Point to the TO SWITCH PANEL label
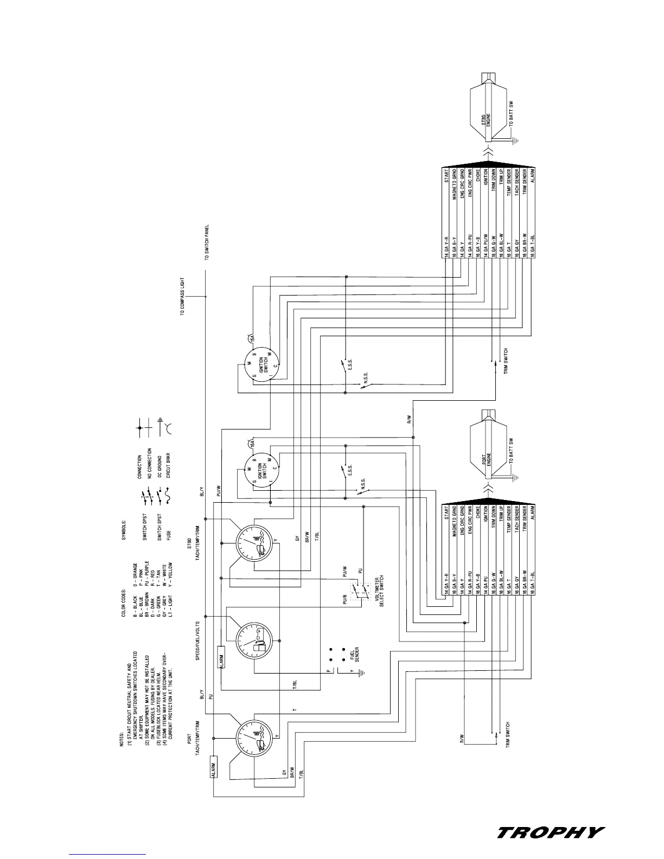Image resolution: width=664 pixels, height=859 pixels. [207, 243]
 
